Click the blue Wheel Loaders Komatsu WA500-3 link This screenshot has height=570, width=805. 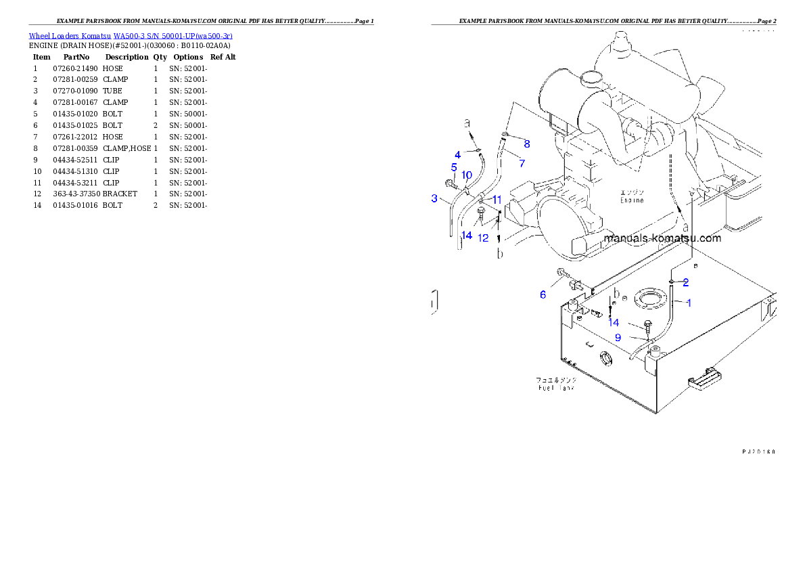130,36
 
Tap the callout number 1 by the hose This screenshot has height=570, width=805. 689,303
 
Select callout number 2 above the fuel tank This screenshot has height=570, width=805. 685,282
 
